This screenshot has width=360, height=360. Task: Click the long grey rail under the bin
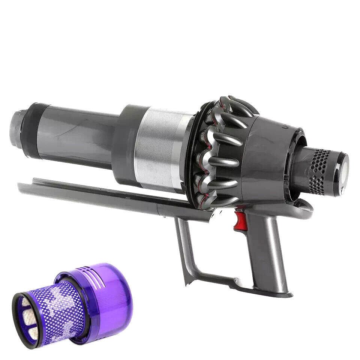pyautogui.click(x=94, y=193)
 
